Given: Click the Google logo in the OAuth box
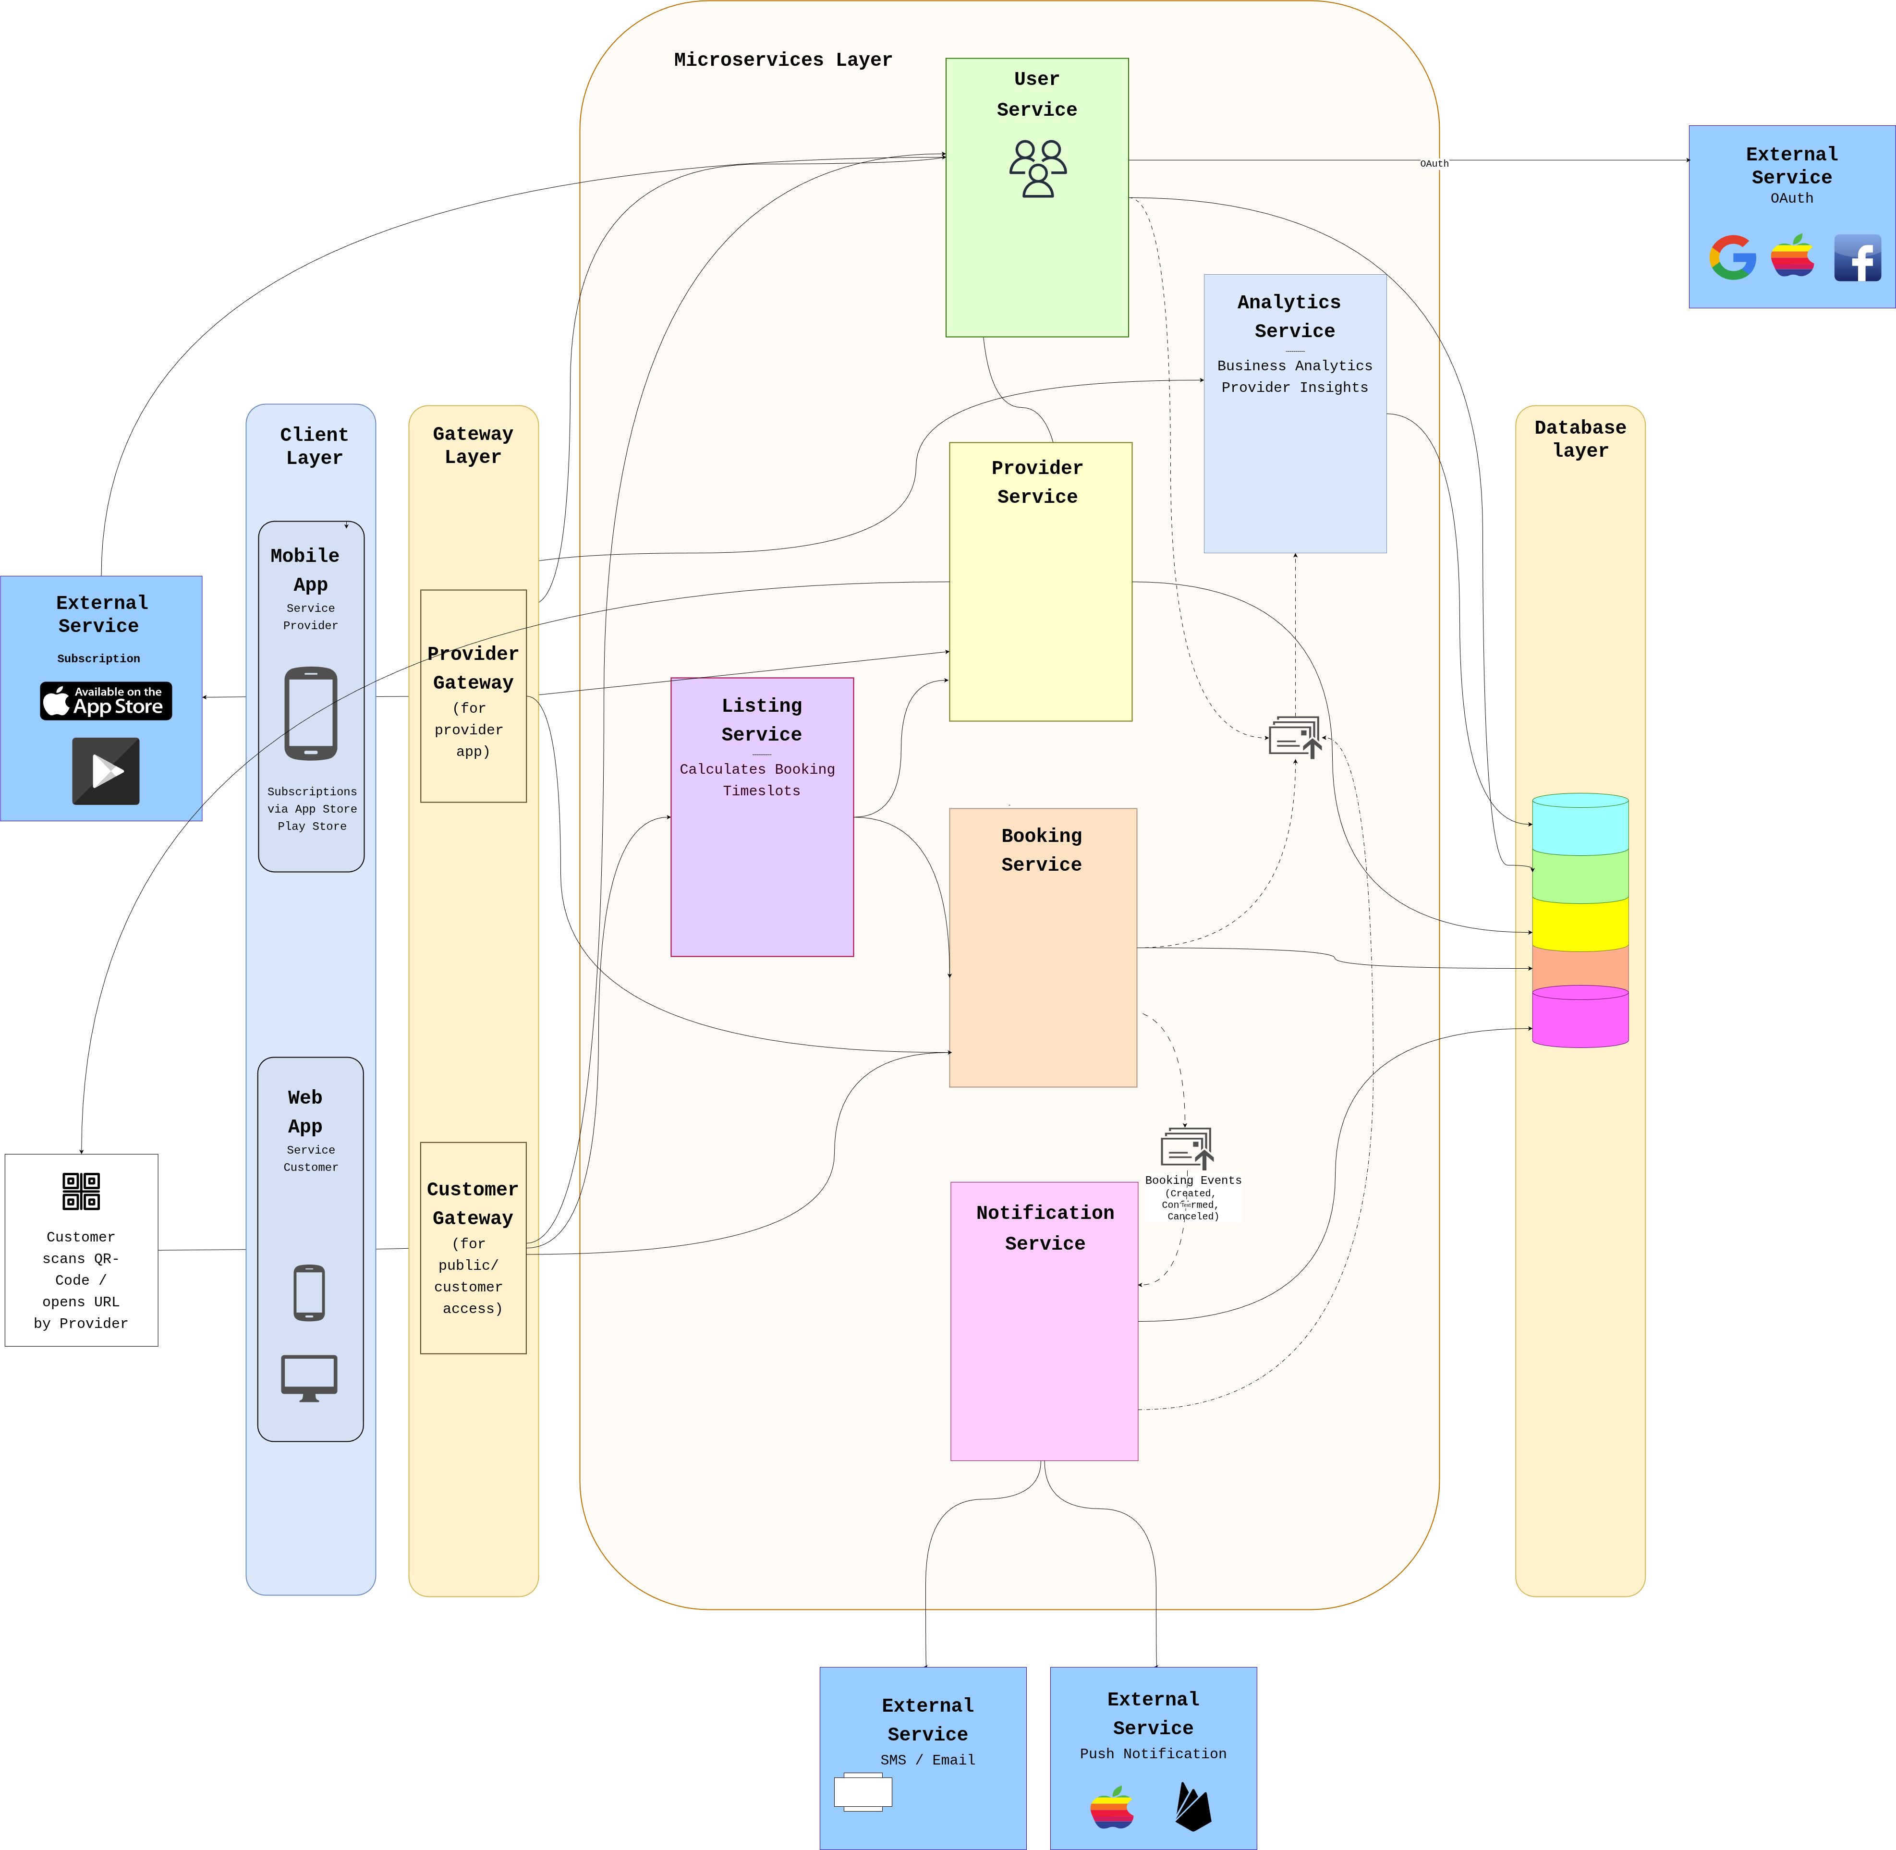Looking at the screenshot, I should [1733, 257].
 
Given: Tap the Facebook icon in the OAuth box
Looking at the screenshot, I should [1857, 257].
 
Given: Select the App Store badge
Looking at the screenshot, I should [106, 701].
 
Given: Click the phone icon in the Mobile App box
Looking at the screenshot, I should [311, 713].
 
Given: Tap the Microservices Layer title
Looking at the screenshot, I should [782, 59].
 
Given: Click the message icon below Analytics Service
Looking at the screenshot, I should [1294, 738].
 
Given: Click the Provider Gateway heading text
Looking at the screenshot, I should [473, 668].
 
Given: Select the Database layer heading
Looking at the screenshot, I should [1580, 438].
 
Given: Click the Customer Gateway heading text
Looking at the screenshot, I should [473, 1203].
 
